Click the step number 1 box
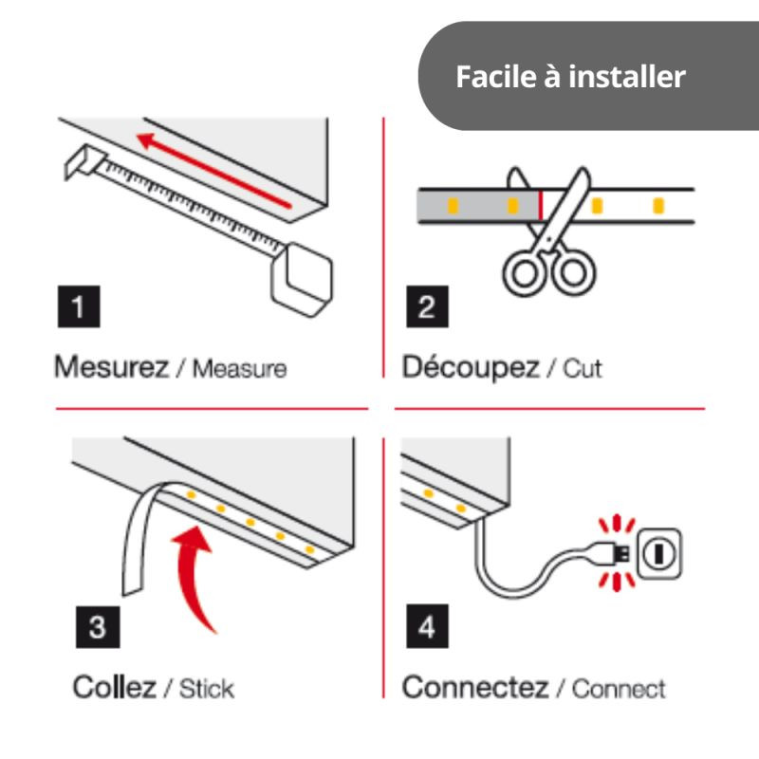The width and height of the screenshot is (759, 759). click(79, 306)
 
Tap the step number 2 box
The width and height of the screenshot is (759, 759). click(427, 306)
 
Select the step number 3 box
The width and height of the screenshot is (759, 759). click(98, 627)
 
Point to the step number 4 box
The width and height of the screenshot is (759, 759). click(427, 626)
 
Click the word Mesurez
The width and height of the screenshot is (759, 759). click(111, 367)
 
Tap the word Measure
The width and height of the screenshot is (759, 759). click(240, 369)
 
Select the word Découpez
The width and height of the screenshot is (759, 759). click(471, 368)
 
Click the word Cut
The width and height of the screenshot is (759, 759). click(583, 369)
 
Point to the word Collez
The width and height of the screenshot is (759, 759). click(114, 687)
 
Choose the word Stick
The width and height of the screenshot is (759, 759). click(207, 689)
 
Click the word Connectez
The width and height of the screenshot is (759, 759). click(475, 687)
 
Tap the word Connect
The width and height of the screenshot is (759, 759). click(620, 690)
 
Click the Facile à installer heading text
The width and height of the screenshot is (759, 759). click(571, 77)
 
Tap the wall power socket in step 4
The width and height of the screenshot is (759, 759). click(658, 554)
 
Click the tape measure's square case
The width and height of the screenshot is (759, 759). click(302, 279)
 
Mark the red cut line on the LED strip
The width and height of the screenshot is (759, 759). click(541, 205)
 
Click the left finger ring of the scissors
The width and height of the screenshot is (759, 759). click(526, 273)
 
